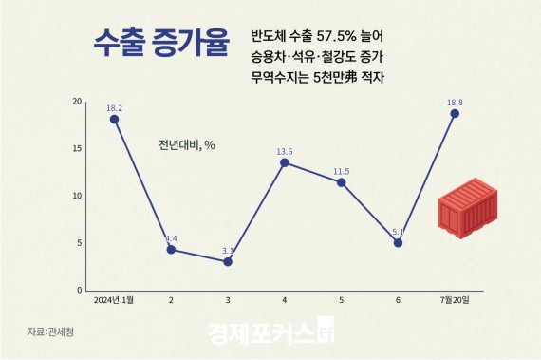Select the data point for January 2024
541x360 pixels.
114,119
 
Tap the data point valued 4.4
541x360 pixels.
171,249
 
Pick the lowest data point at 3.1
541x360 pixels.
228,261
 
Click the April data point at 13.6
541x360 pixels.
285,162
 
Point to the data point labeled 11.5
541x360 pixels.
342,182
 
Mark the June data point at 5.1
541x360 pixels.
398,242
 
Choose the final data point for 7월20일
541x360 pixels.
455,113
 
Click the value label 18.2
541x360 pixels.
114,107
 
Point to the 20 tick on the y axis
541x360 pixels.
78,102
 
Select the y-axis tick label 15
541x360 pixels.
78,149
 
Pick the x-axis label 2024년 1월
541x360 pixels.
114,300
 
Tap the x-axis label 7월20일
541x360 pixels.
455,300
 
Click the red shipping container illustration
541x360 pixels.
470,211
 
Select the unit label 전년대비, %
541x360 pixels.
187,145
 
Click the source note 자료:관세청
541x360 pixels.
48,332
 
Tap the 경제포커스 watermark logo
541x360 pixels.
270,334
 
